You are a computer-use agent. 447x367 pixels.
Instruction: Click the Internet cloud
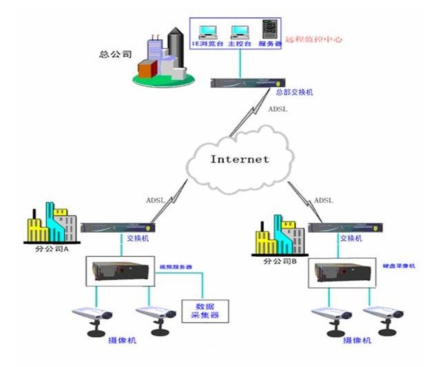[x=240, y=159]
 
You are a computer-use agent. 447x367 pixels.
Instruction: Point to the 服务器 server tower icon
[x=269, y=31]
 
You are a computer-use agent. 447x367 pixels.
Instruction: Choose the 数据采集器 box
[x=205, y=310]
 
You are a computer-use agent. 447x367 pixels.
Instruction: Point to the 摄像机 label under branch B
[x=357, y=341]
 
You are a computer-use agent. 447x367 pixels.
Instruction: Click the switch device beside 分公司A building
[x=116, y=227]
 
